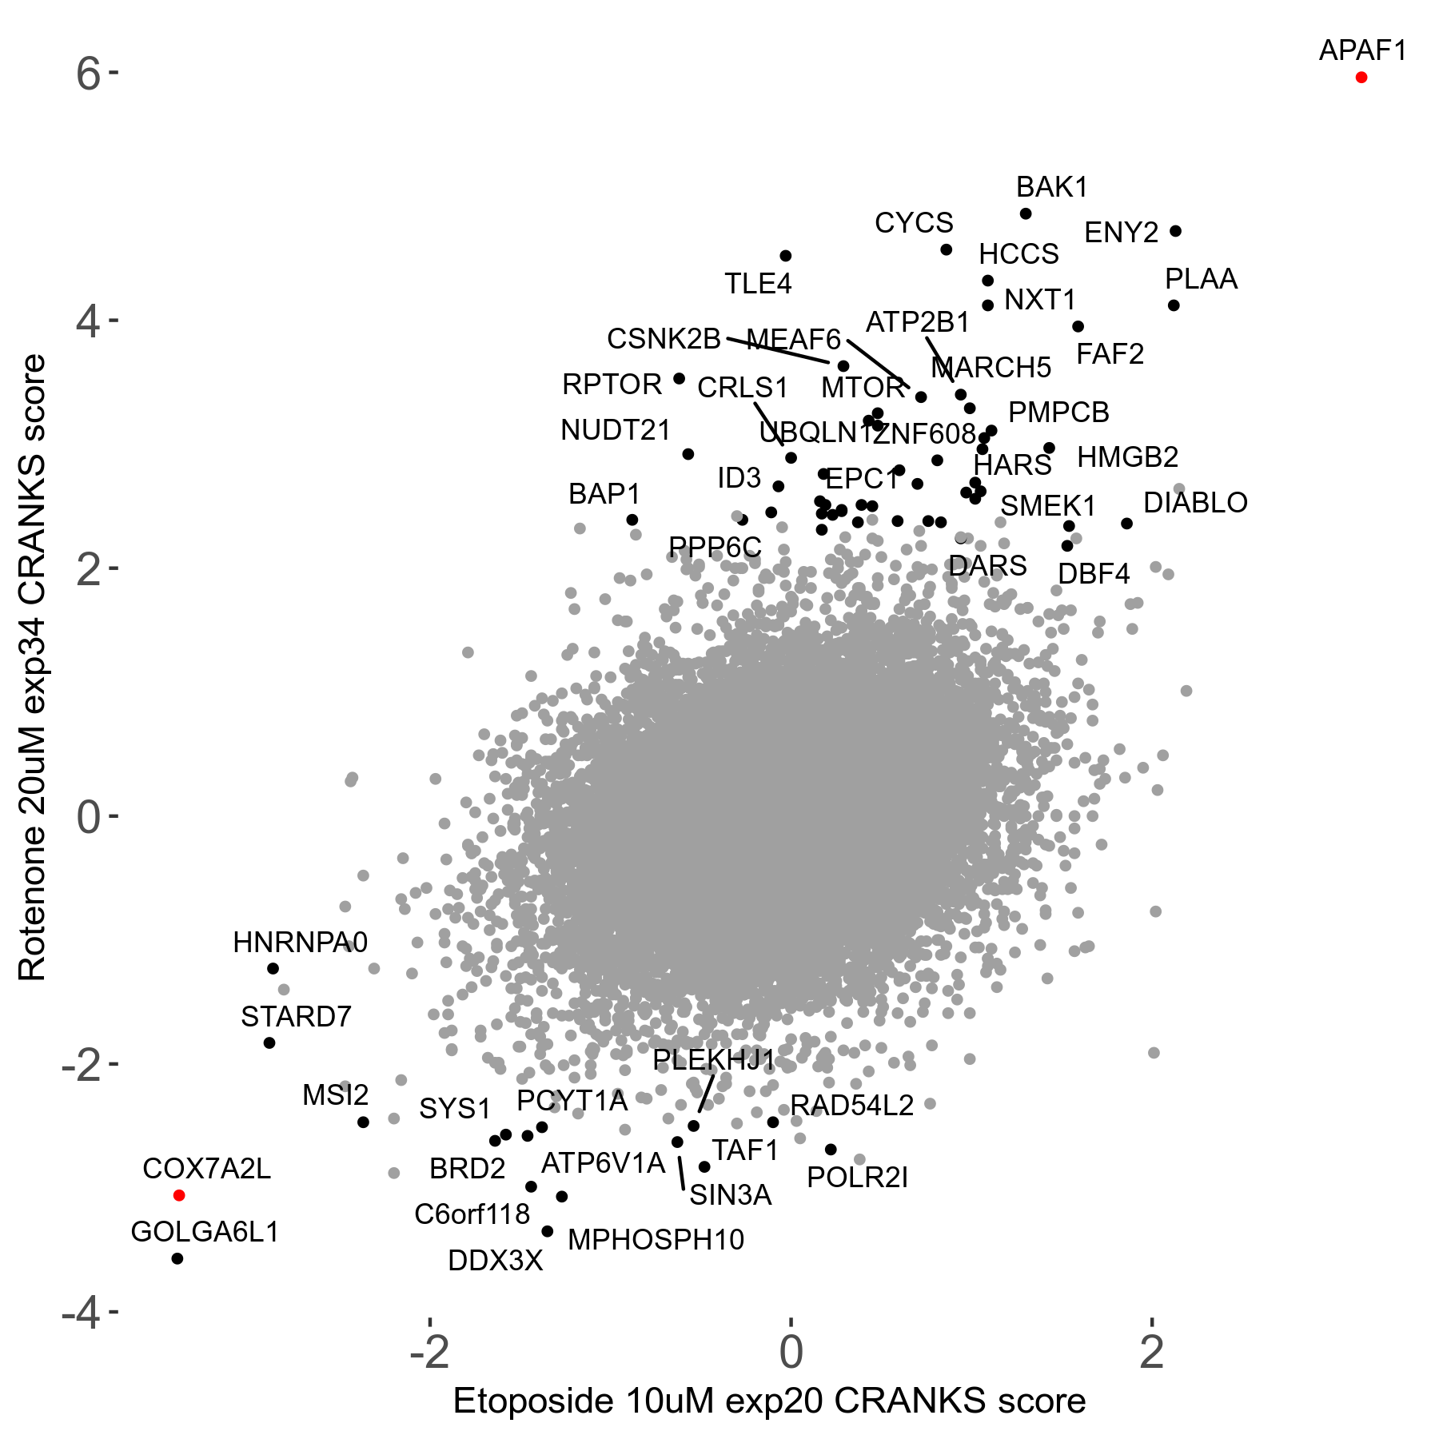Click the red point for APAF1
pos(1361,78)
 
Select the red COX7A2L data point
pos(179,1195)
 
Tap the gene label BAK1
pos(1051,187)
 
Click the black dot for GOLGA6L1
pos(177,1258)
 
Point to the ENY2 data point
pos(1175,231)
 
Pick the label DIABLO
pos(1195,503)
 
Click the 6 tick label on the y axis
pos(88,74)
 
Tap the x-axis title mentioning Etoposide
pos(769,1401)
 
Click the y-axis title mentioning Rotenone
pos(33,668)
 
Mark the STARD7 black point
pos(269,1042)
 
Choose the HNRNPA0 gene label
pos(300,943)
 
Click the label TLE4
pos(758,284)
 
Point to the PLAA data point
pos(1174,305)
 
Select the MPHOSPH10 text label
pos(656,1240)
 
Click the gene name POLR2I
pos(857,1178)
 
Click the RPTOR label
pos(612,385)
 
